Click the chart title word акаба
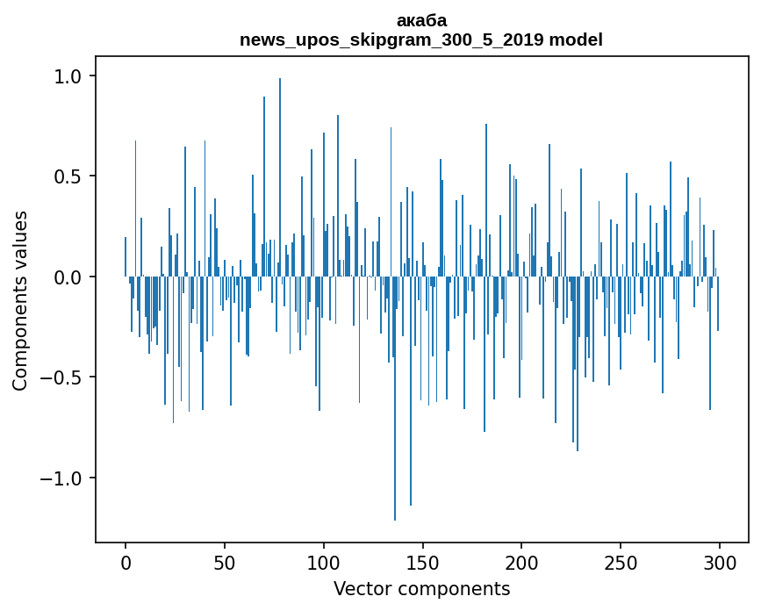[x=421, y=20]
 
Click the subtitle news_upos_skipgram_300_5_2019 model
[x=421, y=40]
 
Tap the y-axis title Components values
[x=20, y=300]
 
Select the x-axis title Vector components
[x=421, y=588]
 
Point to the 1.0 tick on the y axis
[x=68, y=76]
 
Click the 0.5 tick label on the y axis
[x=68, y=176]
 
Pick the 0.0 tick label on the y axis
[x=68, y=277]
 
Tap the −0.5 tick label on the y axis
[x=61, y=377]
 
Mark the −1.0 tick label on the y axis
[x=61, y=478]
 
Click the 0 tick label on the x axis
[x=126, y=562]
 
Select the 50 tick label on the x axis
[x=225, y=562]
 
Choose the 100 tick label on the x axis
[x=324, y=562]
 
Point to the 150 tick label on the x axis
[x=423, y=562]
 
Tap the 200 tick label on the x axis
[x=521, y=562]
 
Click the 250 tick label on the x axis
[x=621, y=562]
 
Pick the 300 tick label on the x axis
[x=720, y=562]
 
